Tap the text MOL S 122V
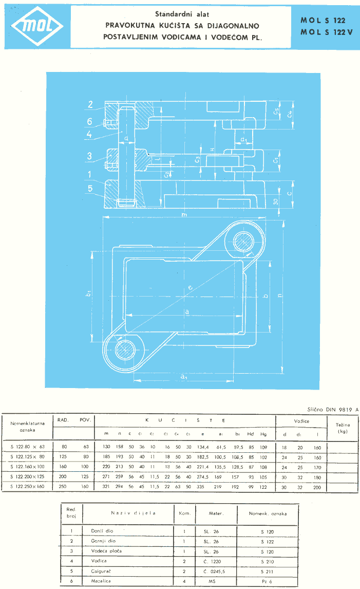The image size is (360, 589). click(x=323, y=33)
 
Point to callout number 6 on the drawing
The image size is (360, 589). click(x=89, y=122)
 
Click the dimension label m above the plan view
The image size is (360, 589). click(x=183, y=215)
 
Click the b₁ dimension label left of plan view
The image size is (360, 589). click(x=89, y=293)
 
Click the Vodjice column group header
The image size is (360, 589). click(x=301, y=421)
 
